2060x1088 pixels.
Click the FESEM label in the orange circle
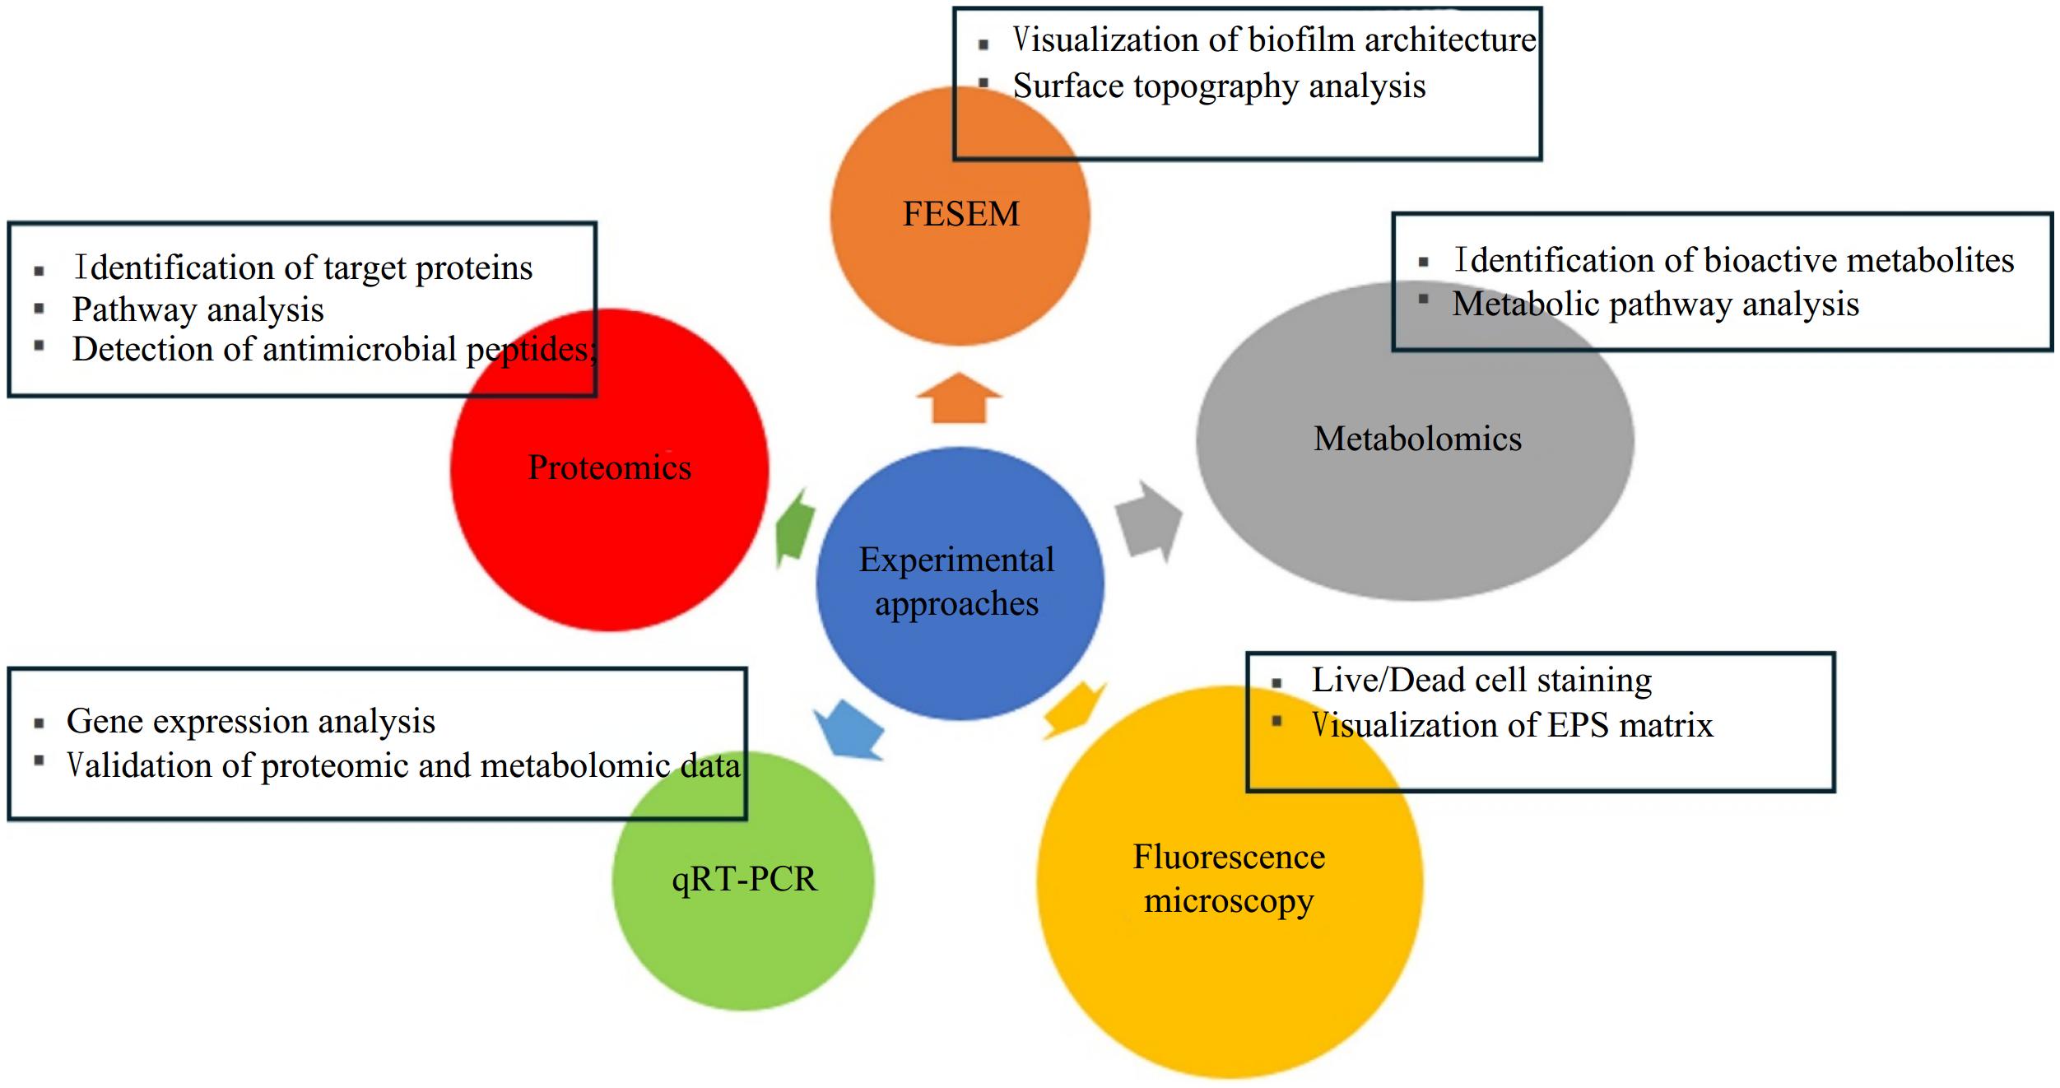[x=960, y=214]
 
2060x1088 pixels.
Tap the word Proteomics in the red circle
[x=609, y=467]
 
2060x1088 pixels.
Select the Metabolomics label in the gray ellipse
[x=1417, y=439]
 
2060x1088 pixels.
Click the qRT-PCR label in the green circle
[x=744, y=879]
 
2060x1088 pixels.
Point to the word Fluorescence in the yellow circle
[x=1229, y=857]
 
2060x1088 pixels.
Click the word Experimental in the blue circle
[x=956, y=560]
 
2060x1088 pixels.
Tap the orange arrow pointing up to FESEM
[x=959, y=398]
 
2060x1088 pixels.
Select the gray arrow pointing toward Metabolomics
[x=1147, y=522]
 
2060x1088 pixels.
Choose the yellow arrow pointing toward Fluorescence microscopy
[x=1073, y=709]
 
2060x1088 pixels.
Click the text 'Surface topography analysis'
[x=1219, y=86]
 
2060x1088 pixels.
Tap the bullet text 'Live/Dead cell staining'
[x=1481, y=681]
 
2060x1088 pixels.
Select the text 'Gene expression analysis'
[x=251, y=721]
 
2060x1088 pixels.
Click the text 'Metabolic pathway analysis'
[x=1655, y=305]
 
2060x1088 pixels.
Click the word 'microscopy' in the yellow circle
[x=1228, y=901]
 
